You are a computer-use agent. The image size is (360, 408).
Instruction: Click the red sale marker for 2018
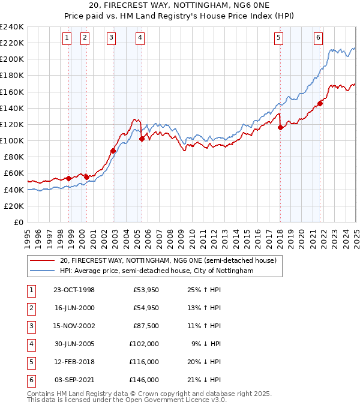280,127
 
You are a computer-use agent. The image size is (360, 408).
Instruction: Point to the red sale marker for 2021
320,103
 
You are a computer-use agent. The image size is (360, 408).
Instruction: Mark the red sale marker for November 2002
113,151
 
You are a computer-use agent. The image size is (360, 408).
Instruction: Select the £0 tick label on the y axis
18,222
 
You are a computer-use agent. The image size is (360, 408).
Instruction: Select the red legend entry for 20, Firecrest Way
167,260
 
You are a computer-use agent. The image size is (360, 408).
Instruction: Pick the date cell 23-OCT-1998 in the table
74,290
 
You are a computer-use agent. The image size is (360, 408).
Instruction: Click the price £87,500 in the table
145,326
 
